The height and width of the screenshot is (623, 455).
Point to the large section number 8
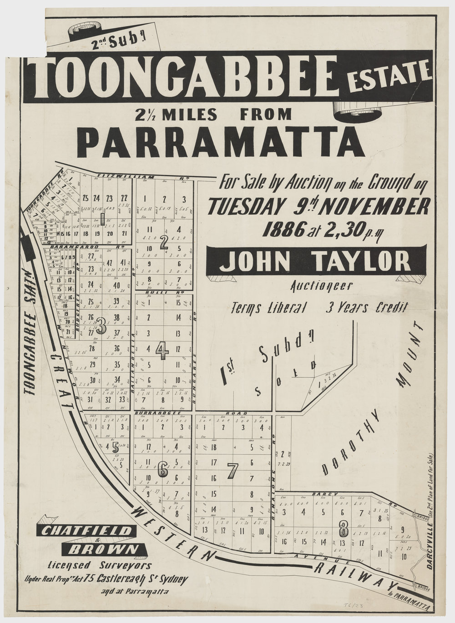pos(344,528)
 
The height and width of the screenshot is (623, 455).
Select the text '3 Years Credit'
pos(366,308)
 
